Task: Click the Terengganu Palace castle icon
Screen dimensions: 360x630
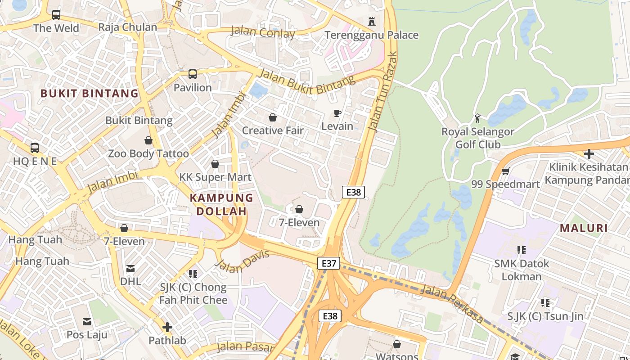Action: (x=372, y=21)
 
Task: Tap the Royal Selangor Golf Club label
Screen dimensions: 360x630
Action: (x=477, y=138)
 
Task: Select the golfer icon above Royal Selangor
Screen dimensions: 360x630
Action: (x=477, y=119)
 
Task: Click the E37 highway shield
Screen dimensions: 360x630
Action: (x=328, y=263)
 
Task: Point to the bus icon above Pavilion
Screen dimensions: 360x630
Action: (x=193, y=74)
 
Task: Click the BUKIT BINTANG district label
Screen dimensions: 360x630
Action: (x=90, y=94)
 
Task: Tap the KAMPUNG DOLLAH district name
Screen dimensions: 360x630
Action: (x=221, y=204)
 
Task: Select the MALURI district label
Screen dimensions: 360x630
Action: (x=584, y=228)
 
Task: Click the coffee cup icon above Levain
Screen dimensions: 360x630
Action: (x=337, y=113)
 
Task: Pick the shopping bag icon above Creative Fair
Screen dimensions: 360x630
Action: (x=273, y=117)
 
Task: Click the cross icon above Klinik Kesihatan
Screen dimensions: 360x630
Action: (x=589, y=154)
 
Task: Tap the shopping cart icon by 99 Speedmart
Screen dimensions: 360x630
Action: (x=505, y=171)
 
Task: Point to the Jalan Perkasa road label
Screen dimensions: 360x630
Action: (x=452, y=304)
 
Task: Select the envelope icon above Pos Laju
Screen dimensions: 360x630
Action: (x=87, y=322)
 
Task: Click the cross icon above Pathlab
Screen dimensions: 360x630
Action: (x=167, y=327)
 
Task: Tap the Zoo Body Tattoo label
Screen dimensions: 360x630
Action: (x=148, y=153)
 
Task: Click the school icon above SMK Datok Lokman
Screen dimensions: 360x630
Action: (x=522, y=250)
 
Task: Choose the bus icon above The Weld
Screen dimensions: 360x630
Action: (x=56, y=15)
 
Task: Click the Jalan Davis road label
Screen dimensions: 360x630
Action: (x=243, y=261)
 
